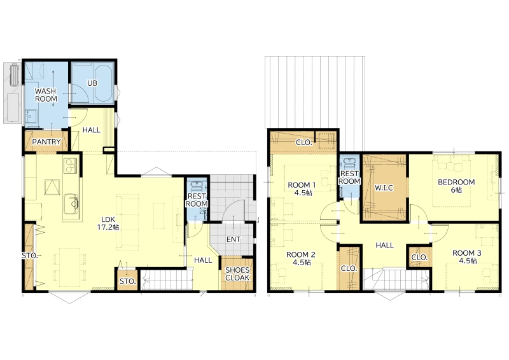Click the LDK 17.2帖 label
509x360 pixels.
pos(108,223)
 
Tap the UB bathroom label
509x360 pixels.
pos(92,83)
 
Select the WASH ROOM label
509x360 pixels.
pos(46,95)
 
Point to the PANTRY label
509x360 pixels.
pos(46,142)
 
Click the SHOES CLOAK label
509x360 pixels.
pos(237,274)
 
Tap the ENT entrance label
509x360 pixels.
pos(234,240)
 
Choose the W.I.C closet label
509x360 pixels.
pos(384,188)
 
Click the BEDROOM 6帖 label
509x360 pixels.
pos(456,186)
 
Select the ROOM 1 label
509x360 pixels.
pos(302,185)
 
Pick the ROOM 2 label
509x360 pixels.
pos(300,255)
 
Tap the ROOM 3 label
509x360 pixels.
pos(467,253)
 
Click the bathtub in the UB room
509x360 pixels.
pos(104,83)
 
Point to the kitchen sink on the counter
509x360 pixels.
pos(72,204)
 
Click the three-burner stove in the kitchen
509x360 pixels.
pos(71,165)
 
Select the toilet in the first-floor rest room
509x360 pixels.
pos(197,186)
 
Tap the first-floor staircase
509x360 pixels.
pos(166,280)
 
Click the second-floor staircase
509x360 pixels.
pos(396,279)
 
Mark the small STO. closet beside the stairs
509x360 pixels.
pos(127,280)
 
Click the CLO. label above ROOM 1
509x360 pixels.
pos(304,142)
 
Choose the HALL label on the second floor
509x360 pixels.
pos(385,246)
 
